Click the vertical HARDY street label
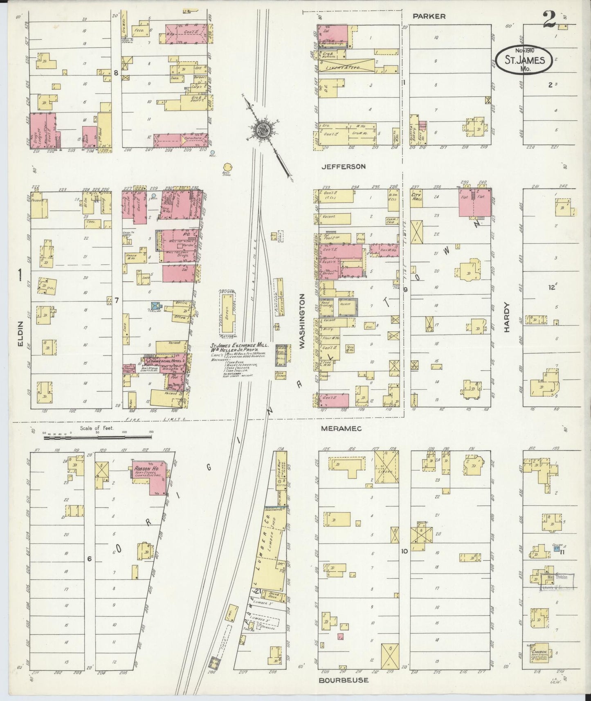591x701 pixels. (x=507, y=317)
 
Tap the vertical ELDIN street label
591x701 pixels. (x=20, y=335)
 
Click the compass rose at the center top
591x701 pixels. (x=261, y=130)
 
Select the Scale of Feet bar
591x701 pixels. (x=98, y=437)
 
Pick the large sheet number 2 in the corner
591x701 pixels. (x=549, y=19)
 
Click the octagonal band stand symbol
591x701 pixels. (x=228, y=167)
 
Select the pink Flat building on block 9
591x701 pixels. (x=475, y=202)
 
